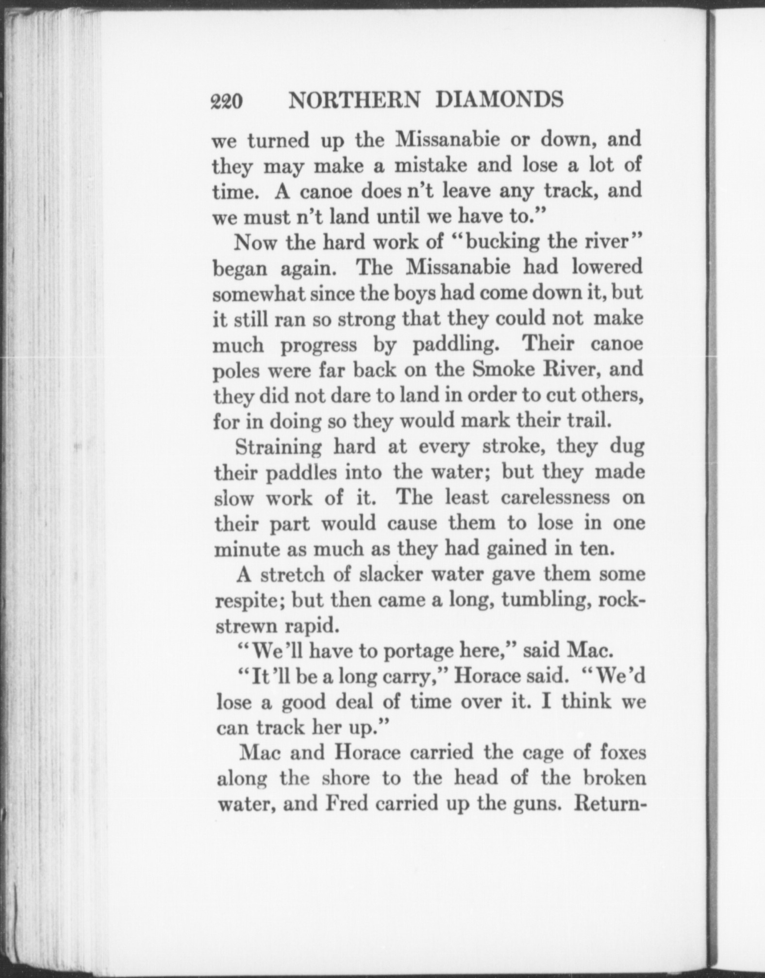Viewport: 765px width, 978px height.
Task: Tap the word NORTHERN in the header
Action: click(354, 100)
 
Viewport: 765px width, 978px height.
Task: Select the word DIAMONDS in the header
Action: click(499, 100)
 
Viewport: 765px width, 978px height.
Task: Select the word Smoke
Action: click(503, 370)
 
